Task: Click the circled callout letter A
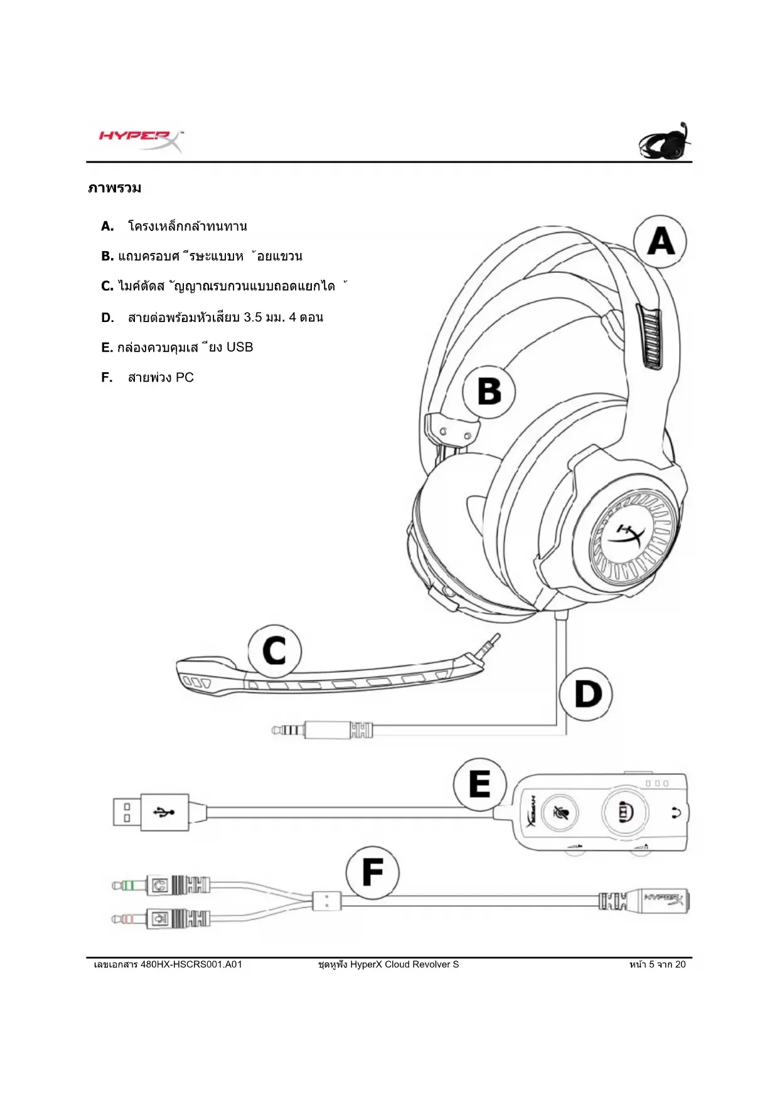pyautogui.click(x=660, y=242)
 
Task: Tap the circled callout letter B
pyautogui.click(x=489, y=392)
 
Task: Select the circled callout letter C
pyautogui.click(x=274, y=651)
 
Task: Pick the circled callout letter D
pyautogui.click(x=586, y=694)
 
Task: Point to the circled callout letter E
pyautogui.click(x=480, y=784)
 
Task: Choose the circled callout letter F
pyautogui.click(x=372, y=873)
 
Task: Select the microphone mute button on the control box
pyautogui.click(x=559, y=812)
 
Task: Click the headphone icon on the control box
pyautogui.click(x=676, y=813)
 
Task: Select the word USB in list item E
pyautogui.click(x=239, y=347)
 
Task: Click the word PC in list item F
pyautogui.click(x=185, y=377)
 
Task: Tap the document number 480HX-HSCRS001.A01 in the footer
pyautogui.click(x=191, y=964)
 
